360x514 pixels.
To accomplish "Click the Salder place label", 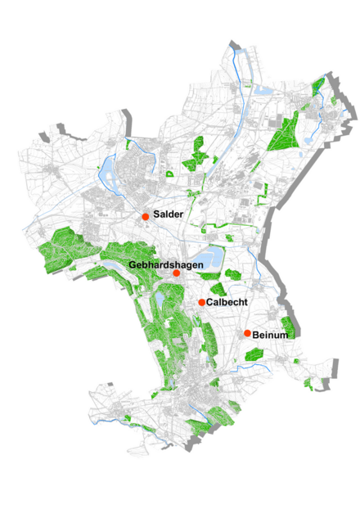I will (x=167, y=214).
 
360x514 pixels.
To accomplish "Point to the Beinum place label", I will (x=272, y=335).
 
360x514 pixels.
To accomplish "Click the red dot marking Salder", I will (x=145, y=217).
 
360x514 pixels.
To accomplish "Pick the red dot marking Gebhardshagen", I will (x=176, y=273).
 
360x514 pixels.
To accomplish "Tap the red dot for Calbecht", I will (x=201, y=303).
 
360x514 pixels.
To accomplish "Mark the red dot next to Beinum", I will (x=247, y=333).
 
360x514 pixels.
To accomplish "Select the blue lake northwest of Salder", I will (x=107, y=172).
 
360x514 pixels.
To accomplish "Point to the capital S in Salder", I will (x=156, y=214).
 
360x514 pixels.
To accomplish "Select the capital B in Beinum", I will (x=256, y=335).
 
